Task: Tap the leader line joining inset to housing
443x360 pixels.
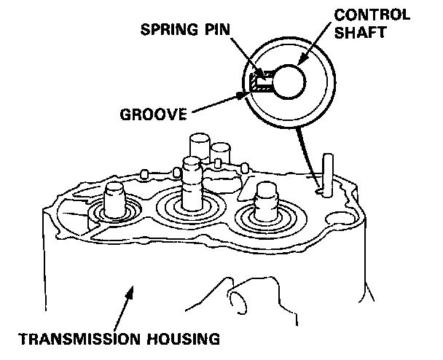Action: coord(310,153)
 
